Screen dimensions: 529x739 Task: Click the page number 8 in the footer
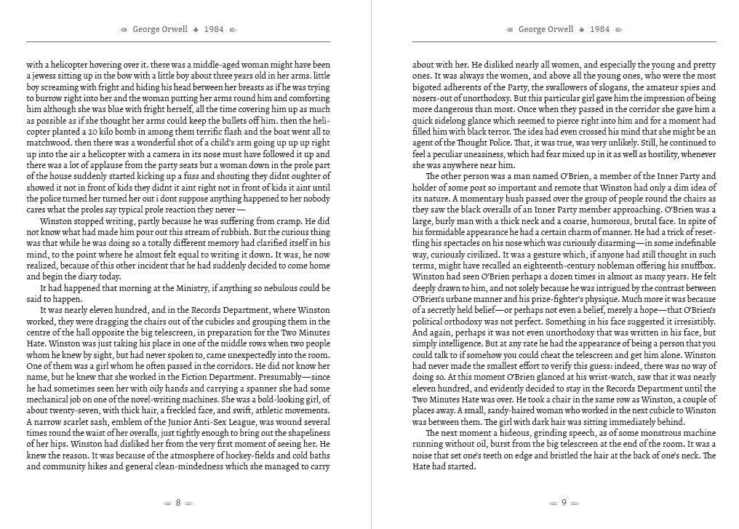[x=178, y=503]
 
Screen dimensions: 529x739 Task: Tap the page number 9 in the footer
[x=564, y=503]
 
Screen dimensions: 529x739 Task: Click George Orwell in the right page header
[x=546, y=30]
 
